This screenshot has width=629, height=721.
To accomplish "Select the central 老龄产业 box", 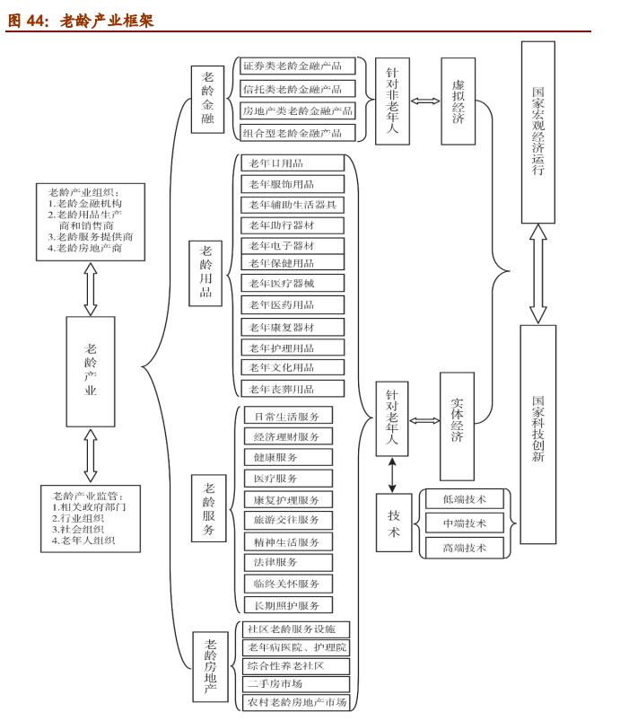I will (x=91, y=369).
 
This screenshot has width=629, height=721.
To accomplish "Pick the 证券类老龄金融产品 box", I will (x=293, y=66).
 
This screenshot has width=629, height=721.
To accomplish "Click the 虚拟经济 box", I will (x=458, y=101).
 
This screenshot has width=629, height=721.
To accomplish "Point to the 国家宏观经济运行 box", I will (x=537, y=130).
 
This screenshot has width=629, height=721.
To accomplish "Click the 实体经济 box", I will (x=457, y=425).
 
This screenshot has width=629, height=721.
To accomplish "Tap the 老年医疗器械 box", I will (x=293, y=283).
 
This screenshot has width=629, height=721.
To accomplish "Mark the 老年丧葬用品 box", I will (x=293, y=389).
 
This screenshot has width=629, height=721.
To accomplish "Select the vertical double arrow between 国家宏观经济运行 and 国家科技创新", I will (x=537, y=272).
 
